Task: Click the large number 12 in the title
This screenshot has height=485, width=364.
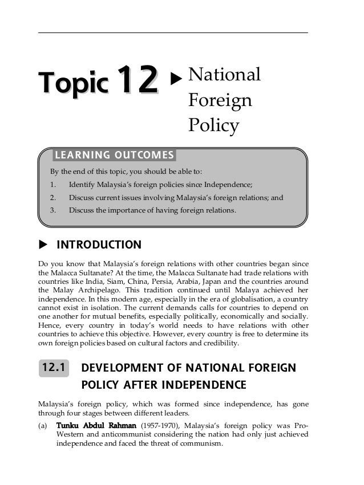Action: pyautogui.click(x=137, y=81)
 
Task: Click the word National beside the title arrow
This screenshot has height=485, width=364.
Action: pyautogui.click(x=224, y=75)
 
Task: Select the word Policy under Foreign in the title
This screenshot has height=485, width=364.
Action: pyautogui.click(x=214, y=126)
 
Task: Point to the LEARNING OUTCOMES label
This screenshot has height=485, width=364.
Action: pyautogui.click(x=114, y=155)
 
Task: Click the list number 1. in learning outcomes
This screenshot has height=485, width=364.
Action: pyautogui.click(x=52, y=185)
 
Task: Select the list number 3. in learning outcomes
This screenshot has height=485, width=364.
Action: pyautogui.click(x=52, y=210)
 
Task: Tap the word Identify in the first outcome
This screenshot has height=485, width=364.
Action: pyautogui.click(x=82, y=185)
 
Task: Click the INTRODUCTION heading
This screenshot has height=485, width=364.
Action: pyautogui.click(x=99, y=245)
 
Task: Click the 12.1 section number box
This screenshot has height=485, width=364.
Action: pyautogui.click(x=53, y=369)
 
